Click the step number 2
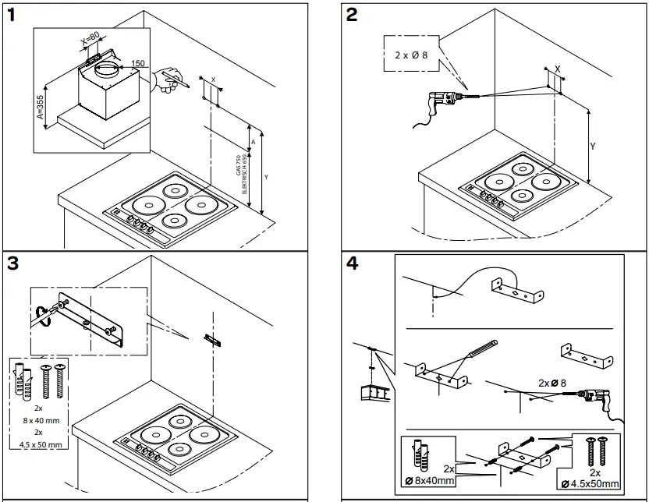pyautogui.click(x=353, y=16)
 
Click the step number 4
pyautogui.click(x=353, y=263)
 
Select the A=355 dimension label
pyautogui.click(x=40, y=99)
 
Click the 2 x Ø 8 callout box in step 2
pyautogui.click(x=410, y=55)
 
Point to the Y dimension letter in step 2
pyautogui.click(x=592, y=146)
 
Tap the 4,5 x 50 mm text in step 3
pyautogui.click(x=41, y=446)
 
